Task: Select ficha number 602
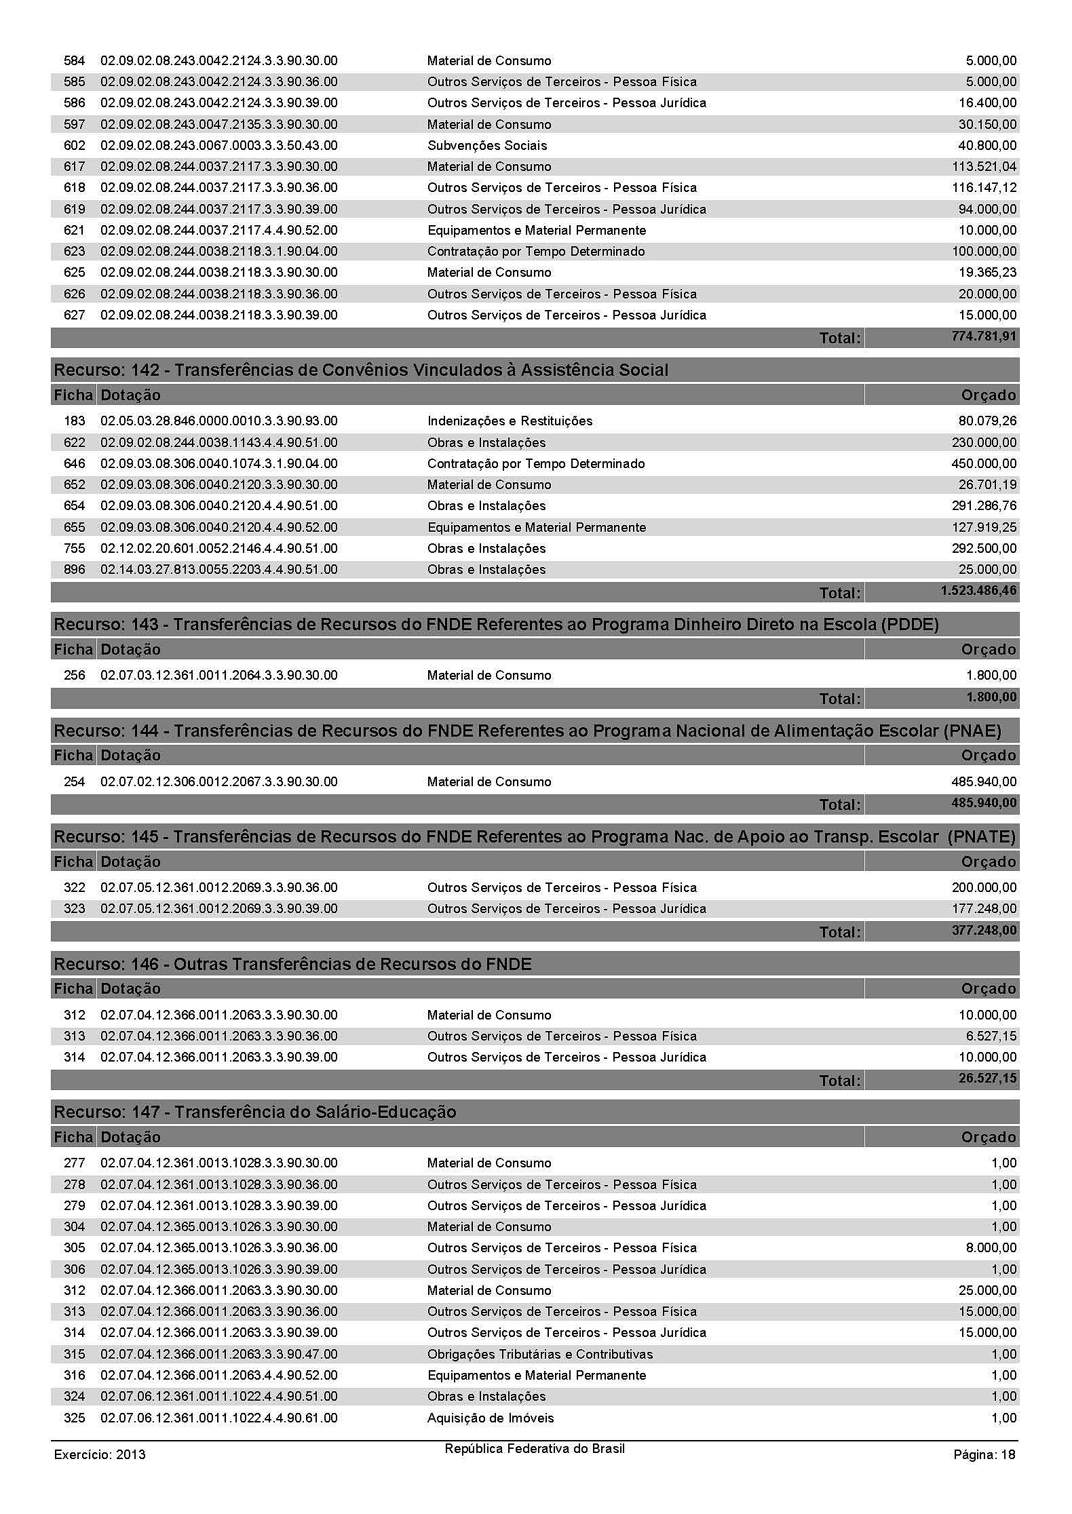click(75, 145)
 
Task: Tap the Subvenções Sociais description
click(486, 145)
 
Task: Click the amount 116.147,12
click(984, 188)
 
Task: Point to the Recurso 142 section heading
click(361, 370)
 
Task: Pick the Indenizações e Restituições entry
click(510, 421)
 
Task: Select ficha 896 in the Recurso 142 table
click(75, 570)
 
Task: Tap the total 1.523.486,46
click(978, 591)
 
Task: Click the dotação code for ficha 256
click(218, 676)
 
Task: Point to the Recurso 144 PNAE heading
click(527, 731)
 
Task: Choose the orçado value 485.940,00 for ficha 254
click(984, 782)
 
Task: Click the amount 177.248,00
click(984, 909)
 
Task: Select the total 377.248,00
click(984, 930)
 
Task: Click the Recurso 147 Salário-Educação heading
click(254, 1112)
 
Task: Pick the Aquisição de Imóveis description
click(490, 1418)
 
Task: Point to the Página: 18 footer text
click(984, 1454)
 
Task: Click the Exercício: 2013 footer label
click(100, 1454)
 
